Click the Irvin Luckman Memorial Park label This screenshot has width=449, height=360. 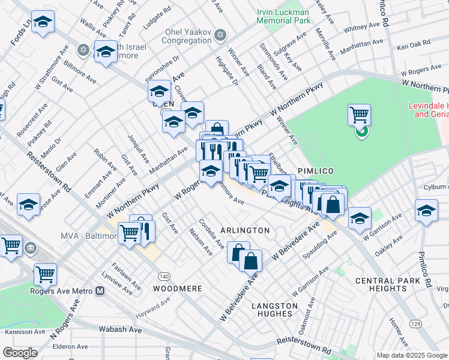point(283,16)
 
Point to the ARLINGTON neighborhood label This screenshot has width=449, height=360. point(244,230)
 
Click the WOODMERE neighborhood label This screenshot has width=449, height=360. point(177,289)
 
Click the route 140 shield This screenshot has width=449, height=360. point(164,276)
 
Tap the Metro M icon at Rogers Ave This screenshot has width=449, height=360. point(100,291)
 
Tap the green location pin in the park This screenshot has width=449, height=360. point(361,131)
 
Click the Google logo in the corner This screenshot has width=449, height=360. point(20,353)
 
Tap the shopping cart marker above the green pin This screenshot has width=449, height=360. point(359,113)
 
